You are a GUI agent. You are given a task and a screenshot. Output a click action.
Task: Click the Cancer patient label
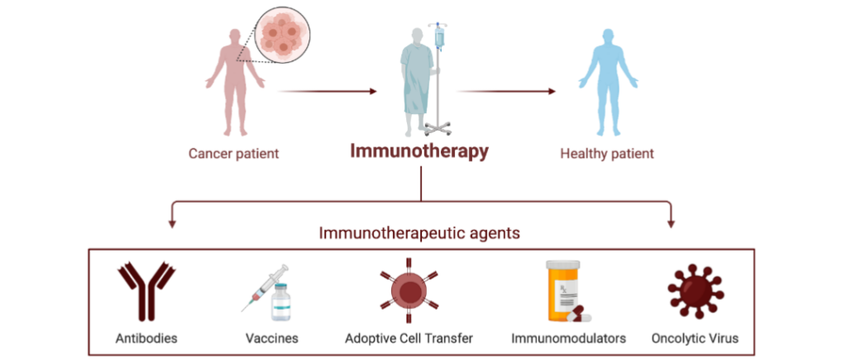pyautogui.click(x=232, y=153)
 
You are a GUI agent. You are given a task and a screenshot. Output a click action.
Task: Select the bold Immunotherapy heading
pyautogui.click(x=419, y=152)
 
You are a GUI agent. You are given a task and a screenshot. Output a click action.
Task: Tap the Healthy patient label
pyautogui.click(x=606, y=153)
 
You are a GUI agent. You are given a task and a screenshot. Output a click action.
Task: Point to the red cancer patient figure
pyautogui.click(x=233, y=83)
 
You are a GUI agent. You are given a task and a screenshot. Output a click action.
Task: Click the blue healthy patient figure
pyautogui.click(x=607, y=83)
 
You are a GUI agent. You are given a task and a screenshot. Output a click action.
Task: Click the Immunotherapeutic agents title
pyautogui.click(x=419, y=233)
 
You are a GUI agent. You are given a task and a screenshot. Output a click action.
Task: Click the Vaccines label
pyautogui.click(x=271, y=338)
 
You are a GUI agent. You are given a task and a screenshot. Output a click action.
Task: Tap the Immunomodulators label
pyautogui.click(x=568, y=338)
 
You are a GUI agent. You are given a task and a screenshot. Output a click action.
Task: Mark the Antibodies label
pyautogui.click(x=146, y=338)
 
